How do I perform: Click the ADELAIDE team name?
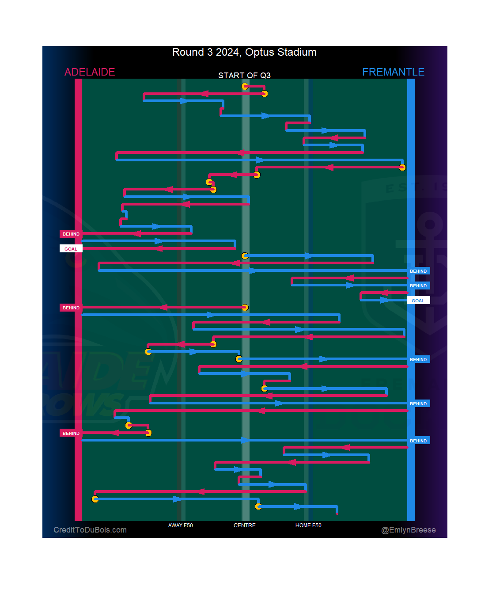[x=90, y=72]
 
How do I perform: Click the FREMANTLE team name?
[x=393, y=72]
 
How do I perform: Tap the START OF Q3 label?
[x=244, y=76]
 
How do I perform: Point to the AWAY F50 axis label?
[x=180, y=525]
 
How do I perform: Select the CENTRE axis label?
[x=244, y=525]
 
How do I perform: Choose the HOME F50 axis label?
[x=308, y=525]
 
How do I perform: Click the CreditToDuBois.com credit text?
[x=90, y=530]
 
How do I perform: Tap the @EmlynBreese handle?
[x=409, y=530]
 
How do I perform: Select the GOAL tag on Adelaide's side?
[x=71, y=249]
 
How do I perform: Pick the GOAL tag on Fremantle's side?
[x=418, y=301]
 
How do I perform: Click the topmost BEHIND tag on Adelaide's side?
[x=71, y=234]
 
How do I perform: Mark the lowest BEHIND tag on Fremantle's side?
[x=418, y=441]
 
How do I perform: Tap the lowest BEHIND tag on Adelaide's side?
[x=71, y=433]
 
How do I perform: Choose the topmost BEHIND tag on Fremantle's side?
[x=418, y=271]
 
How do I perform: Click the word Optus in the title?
[x=260, y=52]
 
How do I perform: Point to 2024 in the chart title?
[x=227, y=52]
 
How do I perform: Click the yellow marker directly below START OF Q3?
[x=245, y=86]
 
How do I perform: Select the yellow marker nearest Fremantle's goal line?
[x=402, y=167]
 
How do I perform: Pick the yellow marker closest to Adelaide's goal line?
[x=95, y=499]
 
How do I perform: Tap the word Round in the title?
[x=188, y=52]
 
